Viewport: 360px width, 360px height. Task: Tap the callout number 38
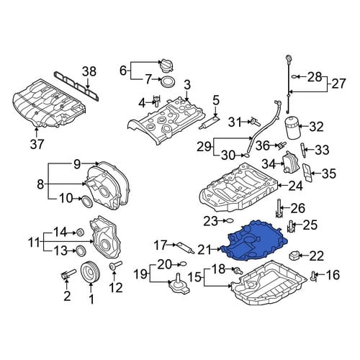pos(89,71)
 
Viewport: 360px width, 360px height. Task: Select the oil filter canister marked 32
pos(292,128)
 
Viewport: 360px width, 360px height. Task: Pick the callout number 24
pos(295,186)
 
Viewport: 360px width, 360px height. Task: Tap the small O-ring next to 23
pos(229,220)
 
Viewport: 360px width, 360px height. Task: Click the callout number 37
pos(37,144)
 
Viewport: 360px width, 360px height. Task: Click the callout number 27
pos(339,84)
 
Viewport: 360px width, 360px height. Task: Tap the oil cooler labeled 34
pos(291,162)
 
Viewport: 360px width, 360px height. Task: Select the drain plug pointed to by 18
pos(238,271)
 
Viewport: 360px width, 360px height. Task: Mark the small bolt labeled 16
pos(314,276)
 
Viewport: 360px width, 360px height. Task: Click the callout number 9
pos(77,164)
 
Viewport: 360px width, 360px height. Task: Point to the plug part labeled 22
pos(295,256)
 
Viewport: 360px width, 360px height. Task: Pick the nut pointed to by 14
pos(80,233)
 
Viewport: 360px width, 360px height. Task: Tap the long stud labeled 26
pos(279,208)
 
